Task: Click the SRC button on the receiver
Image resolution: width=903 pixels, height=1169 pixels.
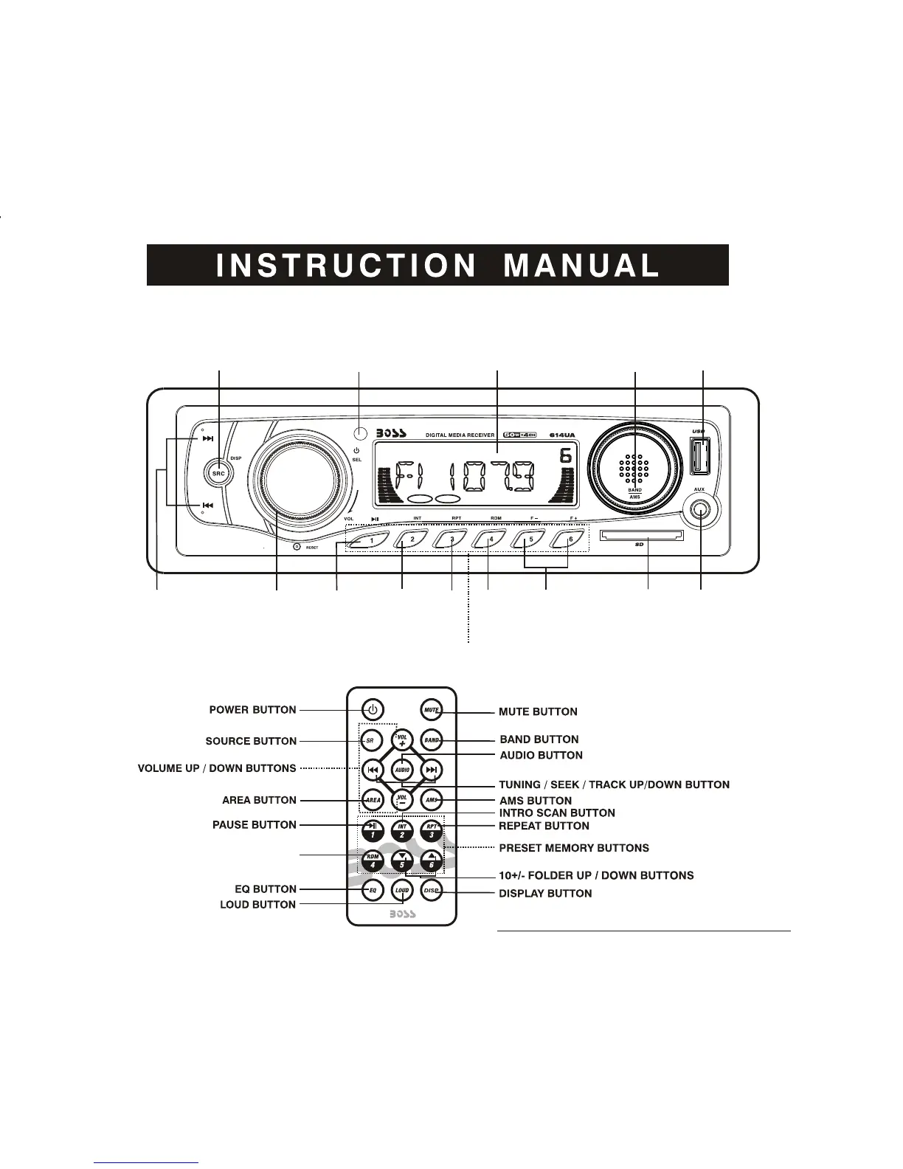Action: pyautogui.click(x=218, y=473)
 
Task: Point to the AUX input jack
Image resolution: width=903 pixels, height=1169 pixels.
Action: pyautogui.click(x=700, y=510)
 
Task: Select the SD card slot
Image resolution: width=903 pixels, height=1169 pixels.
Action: pyautogui.click(x=642, y=534)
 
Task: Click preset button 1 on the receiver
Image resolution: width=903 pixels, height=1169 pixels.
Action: pyautogui.click(x=370, y=539)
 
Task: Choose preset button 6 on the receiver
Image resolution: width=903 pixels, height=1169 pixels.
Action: pyautogui.click(x=569, y=539)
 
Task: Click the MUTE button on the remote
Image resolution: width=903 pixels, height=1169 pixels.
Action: pyautogui.click(x=432, y=710)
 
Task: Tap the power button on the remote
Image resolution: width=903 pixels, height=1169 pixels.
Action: pyautogui.click(x=373, y=710)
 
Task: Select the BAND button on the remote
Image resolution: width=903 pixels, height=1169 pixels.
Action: pyautogui.click(x=432, y=739)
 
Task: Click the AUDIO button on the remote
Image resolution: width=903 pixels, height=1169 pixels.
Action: pyautogui.click(x=402, y=770)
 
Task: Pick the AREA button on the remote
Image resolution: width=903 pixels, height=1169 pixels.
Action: pyautogui.click(x=373, y=799)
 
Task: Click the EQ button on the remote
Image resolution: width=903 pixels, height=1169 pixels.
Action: pyautogui.click(x=373, y=891)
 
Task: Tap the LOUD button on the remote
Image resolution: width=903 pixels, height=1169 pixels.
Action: pyautogui.click(x=402, y=891)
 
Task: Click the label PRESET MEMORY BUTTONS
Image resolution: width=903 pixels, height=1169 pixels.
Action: pyautogui.click(x=574, y=848)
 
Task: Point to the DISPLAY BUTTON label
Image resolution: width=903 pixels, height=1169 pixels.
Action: pyautogui.click(x=545, y=893)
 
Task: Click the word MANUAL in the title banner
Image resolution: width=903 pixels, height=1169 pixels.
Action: pyautogui.click(x=581, y=266)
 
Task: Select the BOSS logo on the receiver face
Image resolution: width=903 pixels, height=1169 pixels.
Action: pyautogui.click(x=391, y=433)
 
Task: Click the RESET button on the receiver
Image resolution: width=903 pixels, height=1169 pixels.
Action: pyautogui.click(x=297, y=547)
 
